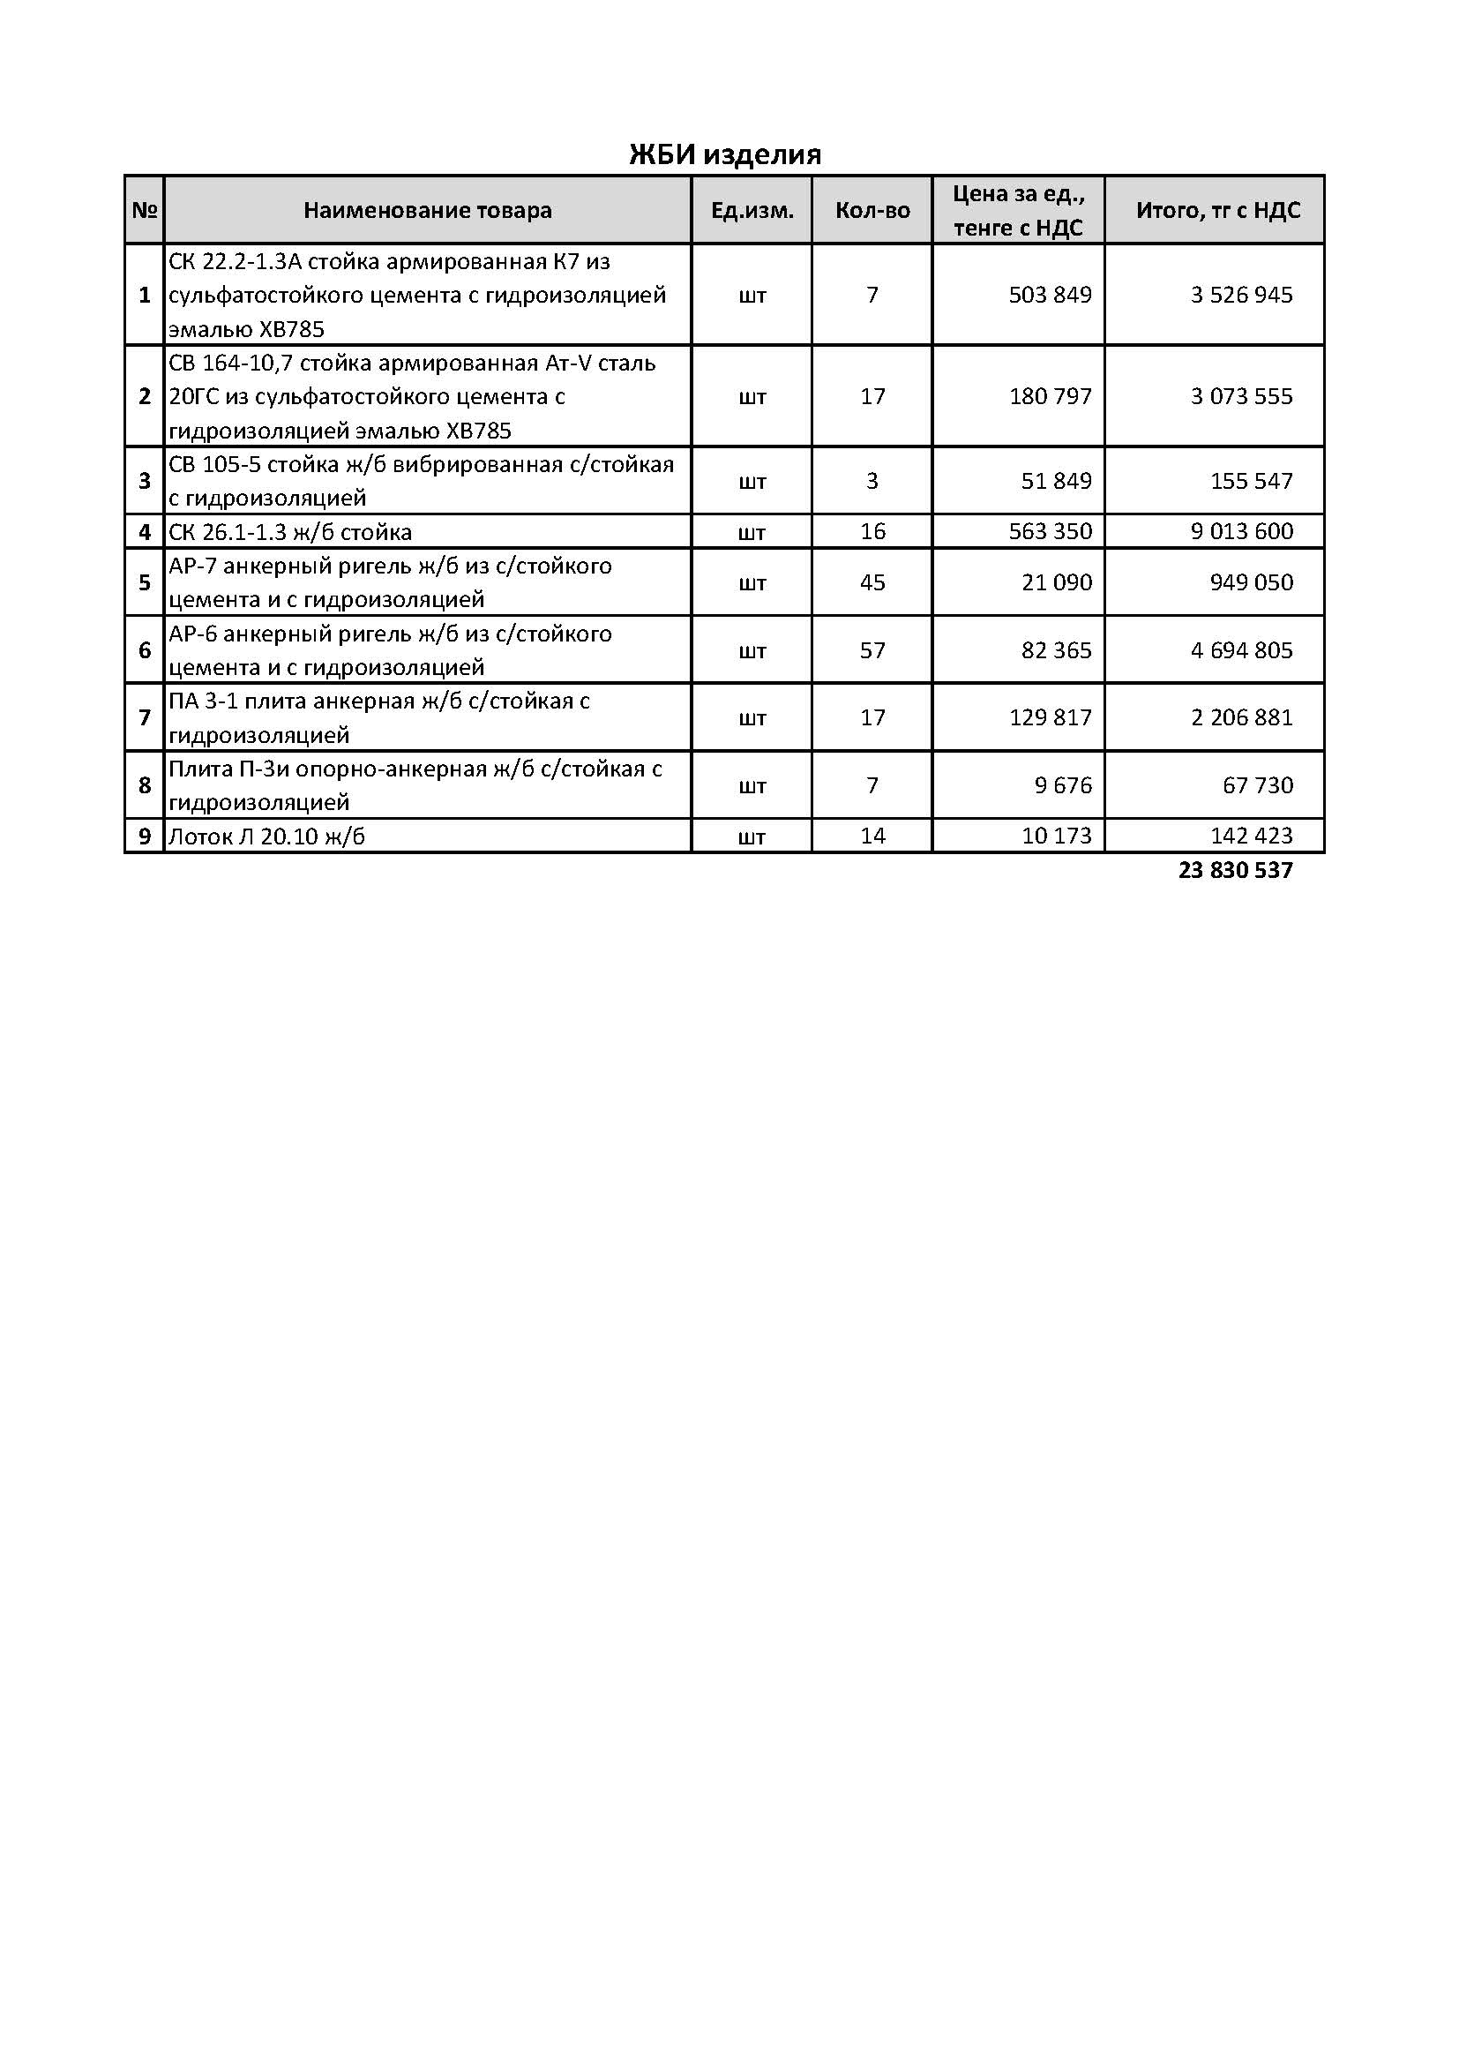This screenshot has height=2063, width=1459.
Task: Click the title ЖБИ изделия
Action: tap(724, 154)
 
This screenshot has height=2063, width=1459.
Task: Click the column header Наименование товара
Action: tap(428, 210)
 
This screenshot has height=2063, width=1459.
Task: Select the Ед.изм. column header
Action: tap(752, 210)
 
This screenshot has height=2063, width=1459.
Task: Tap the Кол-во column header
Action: tap(872, 210)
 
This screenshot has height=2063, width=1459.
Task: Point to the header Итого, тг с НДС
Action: tap(1217, 210)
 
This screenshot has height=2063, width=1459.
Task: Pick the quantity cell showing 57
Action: tap(872, 649)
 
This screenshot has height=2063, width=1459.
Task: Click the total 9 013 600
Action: tap(1242, 531)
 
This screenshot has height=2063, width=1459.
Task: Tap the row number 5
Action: tap(145, 582)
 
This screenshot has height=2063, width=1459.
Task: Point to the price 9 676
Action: tap(1063, 785)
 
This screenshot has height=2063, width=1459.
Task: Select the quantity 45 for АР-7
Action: tap(872, 582)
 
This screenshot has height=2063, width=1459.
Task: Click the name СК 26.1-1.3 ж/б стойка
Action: tap(290, 532)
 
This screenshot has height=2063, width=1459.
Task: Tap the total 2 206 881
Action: tap(1242, 717)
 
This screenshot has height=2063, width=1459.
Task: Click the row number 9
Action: tap(145, 836)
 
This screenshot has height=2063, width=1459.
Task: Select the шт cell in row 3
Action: tap(752, 482)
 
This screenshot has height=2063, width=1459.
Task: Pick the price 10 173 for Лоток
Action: tap(1057, 836)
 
